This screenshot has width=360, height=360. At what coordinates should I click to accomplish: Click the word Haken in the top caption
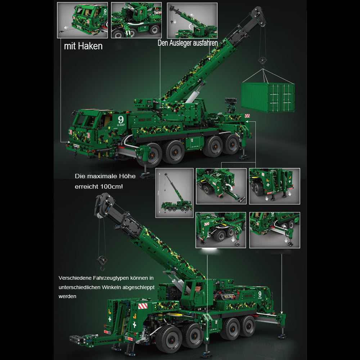(90, 46)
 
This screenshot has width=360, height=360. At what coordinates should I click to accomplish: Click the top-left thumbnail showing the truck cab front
(82, 20)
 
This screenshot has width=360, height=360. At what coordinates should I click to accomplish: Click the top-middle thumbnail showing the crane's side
(136, 20)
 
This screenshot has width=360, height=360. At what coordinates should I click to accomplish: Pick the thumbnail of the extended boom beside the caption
(192, 21)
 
